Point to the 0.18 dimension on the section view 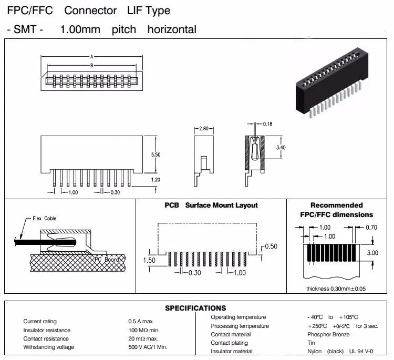pos(267,124)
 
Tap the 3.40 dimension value pos(282,148)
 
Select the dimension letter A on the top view pos(92,56)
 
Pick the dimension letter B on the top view pos(92,65)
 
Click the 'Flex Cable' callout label pos(44,218)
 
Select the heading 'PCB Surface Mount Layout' pos(211,205)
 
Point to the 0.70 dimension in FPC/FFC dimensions pos(371,228)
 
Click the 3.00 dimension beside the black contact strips pos(372,253)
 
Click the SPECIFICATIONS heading pos(195,308)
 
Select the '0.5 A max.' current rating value pos(141,321)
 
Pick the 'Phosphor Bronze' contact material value pos(328,334)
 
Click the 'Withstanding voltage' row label pos(49,347)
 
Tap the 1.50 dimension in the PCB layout pos(150,260)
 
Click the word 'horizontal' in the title pos(172,29)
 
